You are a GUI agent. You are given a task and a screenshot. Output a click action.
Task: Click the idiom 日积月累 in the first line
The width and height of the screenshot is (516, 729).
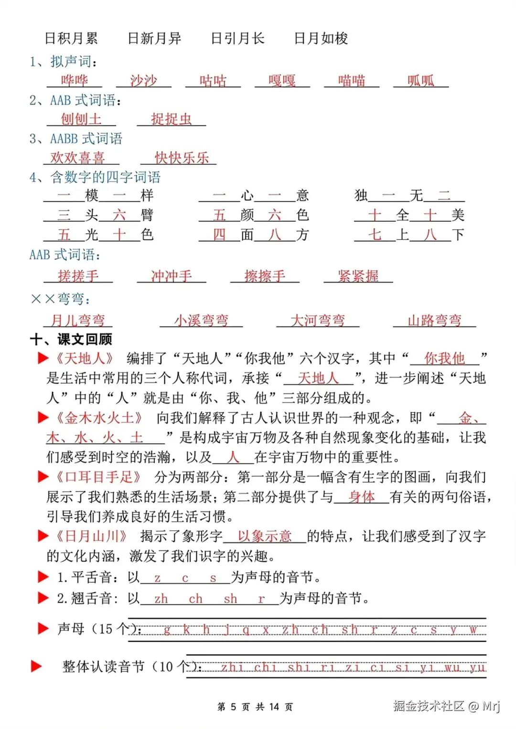[x=71, y=38]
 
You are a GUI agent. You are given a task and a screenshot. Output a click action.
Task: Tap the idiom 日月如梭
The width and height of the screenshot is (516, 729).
[x=321, y=38]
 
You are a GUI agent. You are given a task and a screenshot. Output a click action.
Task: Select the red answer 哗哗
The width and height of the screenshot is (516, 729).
[x=75, y=80]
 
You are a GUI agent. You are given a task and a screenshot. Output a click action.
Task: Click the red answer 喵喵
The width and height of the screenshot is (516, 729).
[x=352, y=80]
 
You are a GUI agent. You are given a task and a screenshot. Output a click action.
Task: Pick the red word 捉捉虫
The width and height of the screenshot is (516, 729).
[x=171, y=119]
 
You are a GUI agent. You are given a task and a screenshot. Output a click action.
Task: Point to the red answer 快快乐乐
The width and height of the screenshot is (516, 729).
[x=182, y=158]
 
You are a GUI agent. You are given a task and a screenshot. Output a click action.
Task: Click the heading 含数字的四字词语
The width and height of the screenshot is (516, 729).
[x=105, y=177]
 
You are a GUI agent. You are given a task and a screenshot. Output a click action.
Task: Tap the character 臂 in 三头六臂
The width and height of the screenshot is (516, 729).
[x=147, y=215]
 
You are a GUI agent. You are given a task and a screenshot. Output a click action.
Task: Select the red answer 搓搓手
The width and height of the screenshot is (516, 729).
[x=78, y=276]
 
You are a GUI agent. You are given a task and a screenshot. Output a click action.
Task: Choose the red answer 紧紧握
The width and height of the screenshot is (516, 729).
[x=358, y=276]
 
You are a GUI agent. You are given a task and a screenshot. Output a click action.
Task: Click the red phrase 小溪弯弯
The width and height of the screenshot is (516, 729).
[x=201, y=320]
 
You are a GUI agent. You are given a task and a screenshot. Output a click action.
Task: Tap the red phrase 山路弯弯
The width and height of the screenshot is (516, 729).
[x=434, y=320]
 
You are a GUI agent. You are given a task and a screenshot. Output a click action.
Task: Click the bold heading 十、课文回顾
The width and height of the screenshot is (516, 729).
[x=71, y=339]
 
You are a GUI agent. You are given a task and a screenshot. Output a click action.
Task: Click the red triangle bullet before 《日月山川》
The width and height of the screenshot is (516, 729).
[x=43, y=536]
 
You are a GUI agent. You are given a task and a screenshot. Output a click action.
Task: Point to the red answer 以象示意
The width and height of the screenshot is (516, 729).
[x=265, y=536]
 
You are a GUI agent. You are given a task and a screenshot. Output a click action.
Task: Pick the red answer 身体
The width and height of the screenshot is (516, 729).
[x=362, y=497]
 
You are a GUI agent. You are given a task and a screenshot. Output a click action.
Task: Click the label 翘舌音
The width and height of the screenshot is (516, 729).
[x=91, y=598]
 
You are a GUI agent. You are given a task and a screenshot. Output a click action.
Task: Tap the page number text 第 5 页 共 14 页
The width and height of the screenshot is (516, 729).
[x=255, y=707]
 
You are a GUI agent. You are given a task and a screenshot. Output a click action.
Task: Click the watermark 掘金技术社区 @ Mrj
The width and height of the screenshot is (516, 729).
[x=446, y=706]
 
